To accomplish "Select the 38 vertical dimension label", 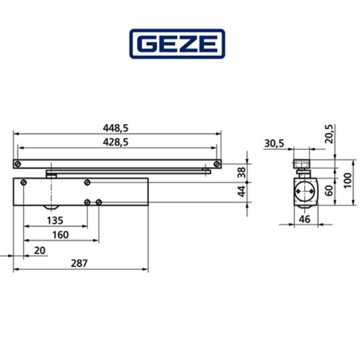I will [241, 171].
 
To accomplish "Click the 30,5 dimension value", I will [273, 143].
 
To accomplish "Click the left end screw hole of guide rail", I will [17, 163].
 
